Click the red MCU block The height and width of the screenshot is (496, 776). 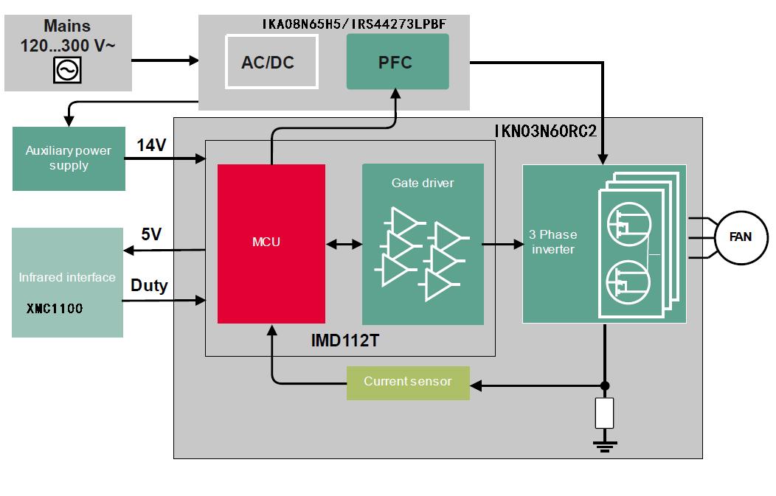point(271,243)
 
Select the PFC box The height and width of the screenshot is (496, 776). point(397,62)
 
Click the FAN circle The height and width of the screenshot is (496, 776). point(740,237)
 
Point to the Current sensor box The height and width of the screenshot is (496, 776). point(407,382)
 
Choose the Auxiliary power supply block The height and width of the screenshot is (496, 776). point(69,158)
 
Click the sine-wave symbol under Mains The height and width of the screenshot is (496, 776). point(68,70)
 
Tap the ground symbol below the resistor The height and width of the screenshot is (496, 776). point(605,443)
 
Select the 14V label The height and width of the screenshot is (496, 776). point(152,145)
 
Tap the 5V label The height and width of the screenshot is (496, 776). point(152,234)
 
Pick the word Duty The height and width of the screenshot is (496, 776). point(149,285)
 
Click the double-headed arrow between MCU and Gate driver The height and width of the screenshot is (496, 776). point(344,243)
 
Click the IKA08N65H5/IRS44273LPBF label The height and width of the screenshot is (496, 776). point(353,24)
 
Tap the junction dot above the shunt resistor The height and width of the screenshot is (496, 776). point(605,385)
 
